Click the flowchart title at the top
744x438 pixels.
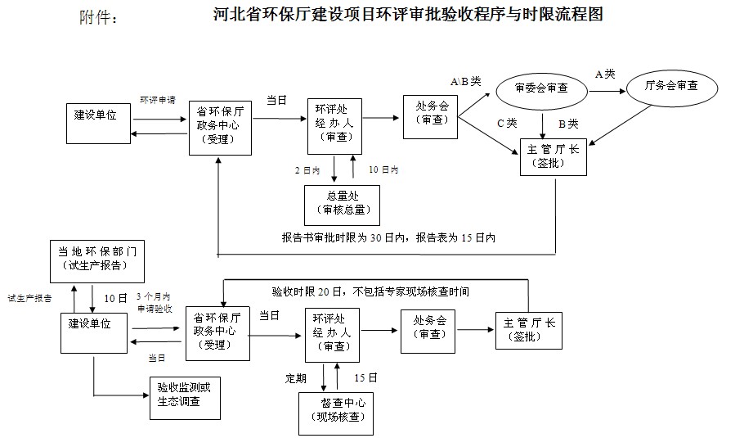point(406,15)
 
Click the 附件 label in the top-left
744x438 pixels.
point(99,18)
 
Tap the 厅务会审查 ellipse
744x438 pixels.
point(671,87)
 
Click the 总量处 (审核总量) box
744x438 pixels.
point(342,204)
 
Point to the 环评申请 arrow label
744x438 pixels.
point(157,100)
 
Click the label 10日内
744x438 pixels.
point(383,169)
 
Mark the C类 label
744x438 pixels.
point(507,124)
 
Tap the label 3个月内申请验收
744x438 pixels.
point(154,301)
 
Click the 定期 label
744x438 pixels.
point(296,378)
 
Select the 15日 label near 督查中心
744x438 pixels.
point(365,377)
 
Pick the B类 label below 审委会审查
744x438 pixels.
point(567,124)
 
